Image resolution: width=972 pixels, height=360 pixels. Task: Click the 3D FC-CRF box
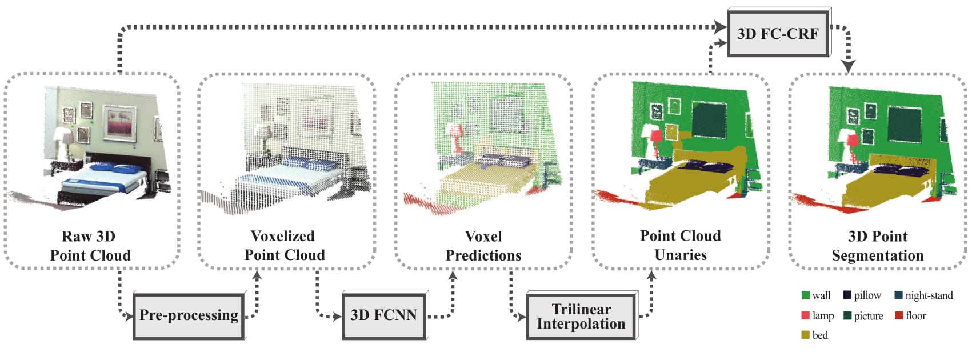778,33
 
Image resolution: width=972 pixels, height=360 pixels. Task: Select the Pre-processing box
189,315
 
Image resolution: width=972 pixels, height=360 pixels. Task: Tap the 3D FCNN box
383,315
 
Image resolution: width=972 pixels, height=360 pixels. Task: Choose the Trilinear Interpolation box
581,316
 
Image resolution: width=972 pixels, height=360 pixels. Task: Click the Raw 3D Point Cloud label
90,246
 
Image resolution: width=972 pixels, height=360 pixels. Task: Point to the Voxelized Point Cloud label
284,246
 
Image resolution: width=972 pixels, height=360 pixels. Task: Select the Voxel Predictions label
483,246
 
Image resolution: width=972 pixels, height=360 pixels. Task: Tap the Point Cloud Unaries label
680,246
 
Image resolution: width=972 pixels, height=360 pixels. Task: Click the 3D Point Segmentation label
877,246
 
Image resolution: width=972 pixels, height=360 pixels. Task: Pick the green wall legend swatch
806,295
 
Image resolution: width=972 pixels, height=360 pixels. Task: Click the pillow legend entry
862,295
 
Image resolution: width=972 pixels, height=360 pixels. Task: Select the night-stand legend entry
923,295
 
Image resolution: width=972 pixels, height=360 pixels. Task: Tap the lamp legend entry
818,315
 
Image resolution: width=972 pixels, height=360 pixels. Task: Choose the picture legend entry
863,315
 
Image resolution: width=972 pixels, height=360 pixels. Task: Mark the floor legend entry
910,315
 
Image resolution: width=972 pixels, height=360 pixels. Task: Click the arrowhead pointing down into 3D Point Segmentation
848,67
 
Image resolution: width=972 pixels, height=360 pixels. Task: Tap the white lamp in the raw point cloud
62,135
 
